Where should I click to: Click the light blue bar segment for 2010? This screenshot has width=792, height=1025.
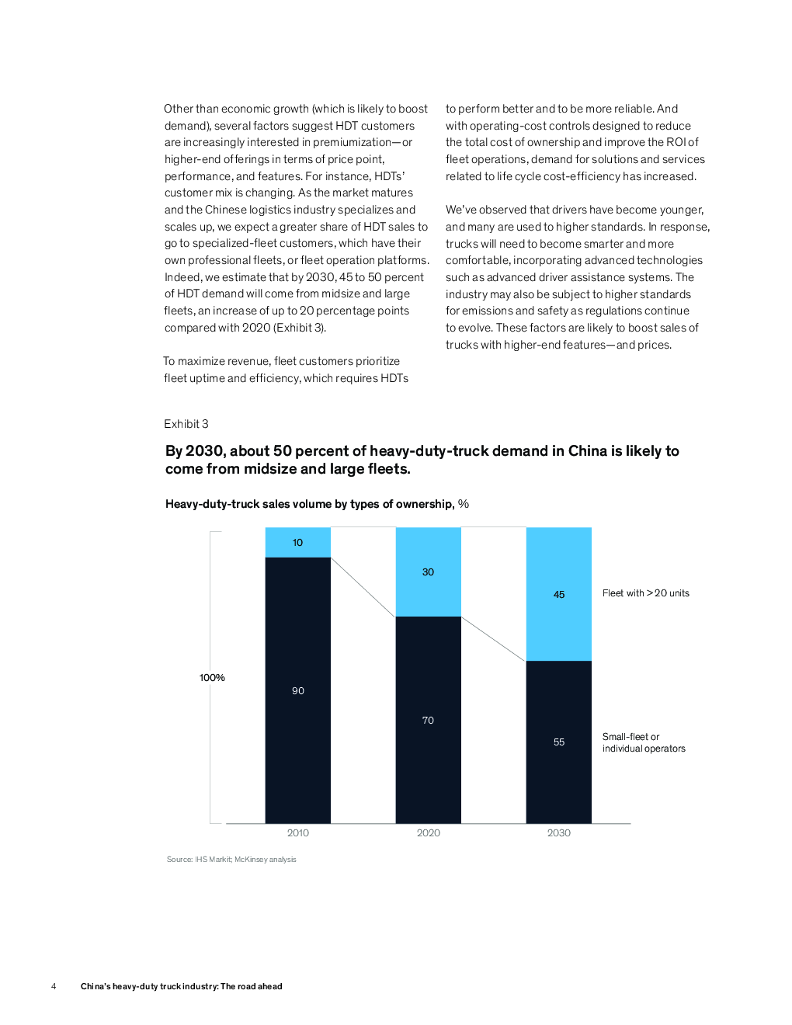tap(297, 542)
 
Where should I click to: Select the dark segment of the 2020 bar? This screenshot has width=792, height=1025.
tap(429, 720)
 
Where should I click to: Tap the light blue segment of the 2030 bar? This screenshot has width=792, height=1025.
tap(558, 594)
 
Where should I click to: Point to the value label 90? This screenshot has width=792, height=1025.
tap(297, 690)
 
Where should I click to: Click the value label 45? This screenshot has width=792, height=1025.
tap(559, 594)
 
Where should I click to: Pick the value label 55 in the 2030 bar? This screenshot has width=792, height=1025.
tap(559, 742)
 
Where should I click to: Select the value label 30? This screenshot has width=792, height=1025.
tap(428, 572)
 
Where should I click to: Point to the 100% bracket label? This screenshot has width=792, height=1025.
tap(212, 677)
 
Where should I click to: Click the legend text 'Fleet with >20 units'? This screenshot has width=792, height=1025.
tap(646, 593)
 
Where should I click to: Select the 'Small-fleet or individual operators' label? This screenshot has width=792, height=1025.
tap(644, 742)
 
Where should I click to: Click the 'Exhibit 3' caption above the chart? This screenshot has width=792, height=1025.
tap(186, 423)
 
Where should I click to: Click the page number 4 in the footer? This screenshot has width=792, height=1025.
tap(54, 986)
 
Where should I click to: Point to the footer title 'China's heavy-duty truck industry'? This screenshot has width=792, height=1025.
tap(181, 986)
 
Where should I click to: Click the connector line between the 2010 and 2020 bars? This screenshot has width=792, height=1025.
tap(363, 587)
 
